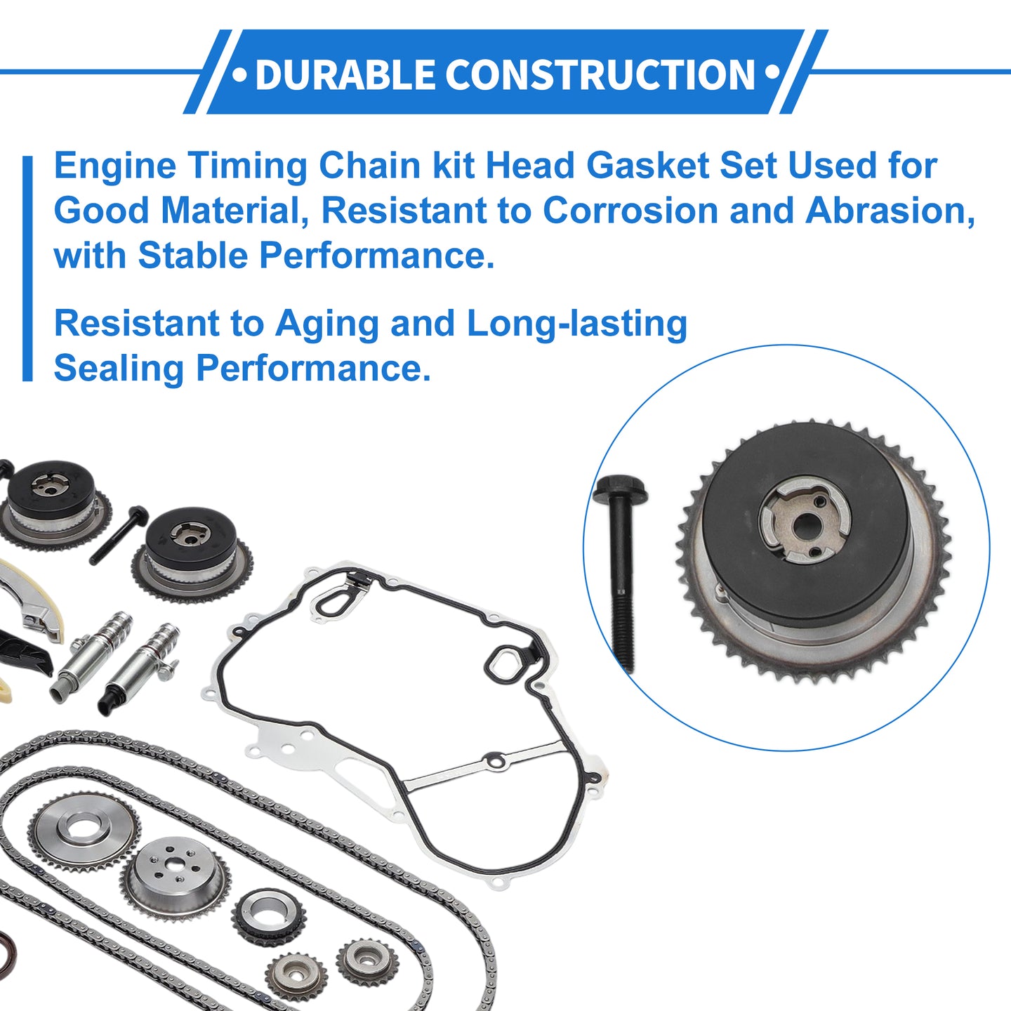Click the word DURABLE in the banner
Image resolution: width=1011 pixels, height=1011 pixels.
345,74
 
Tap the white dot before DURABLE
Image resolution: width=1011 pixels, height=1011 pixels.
239,74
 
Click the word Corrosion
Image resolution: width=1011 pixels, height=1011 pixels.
630,211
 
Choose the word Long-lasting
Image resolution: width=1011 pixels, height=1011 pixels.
576,324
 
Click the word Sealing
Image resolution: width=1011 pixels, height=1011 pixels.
119,369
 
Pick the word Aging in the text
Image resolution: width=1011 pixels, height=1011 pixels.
327,324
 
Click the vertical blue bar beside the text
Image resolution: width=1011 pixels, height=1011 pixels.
27,268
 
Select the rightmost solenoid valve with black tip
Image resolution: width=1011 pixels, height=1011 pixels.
139,669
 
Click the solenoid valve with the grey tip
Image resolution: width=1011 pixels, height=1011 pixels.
91,656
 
